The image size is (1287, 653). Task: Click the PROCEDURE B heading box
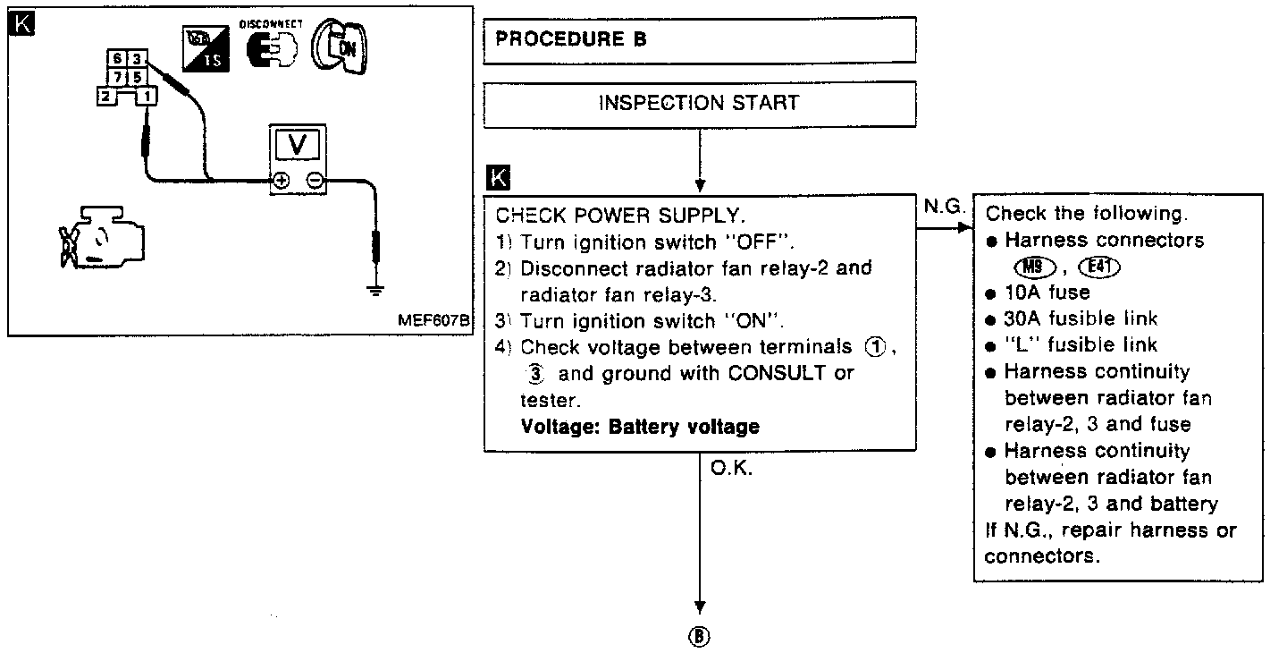699,39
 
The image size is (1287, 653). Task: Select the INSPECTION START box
699,103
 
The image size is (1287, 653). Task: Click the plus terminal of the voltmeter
281,180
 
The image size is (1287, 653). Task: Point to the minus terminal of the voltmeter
315,180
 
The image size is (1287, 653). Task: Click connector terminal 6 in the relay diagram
116,59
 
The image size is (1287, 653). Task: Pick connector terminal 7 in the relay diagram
116,76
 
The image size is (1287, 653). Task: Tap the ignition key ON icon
339,45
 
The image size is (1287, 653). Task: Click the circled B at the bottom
699,636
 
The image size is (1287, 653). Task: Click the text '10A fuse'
1047,293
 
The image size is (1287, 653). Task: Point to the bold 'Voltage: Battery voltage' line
640,426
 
